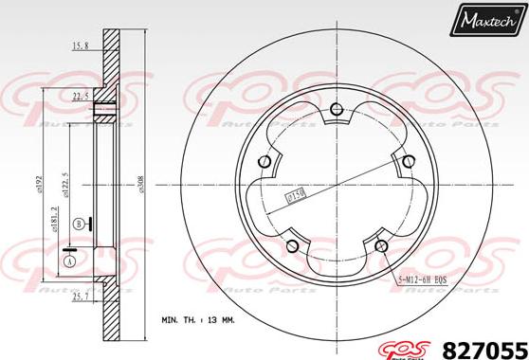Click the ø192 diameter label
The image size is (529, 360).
coord(39,182)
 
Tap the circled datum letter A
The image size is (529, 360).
coord(69,260)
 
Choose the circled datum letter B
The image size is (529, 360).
coord(78,224)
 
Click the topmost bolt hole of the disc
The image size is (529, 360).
coord(337,117)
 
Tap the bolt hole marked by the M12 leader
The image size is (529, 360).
coord(381,246)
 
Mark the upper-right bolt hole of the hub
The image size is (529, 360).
coord(409,162)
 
